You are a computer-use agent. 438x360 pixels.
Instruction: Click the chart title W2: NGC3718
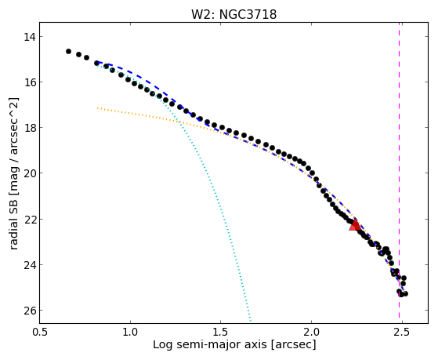[233, 14]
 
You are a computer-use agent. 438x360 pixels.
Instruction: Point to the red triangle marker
[355, 225]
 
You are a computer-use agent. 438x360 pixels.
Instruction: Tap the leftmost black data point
[68, 51]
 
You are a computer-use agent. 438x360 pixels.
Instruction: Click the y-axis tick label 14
[30, 37]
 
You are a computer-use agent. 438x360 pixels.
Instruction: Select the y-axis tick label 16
[30, 82]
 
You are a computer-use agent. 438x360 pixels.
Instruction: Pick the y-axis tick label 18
[30, 128]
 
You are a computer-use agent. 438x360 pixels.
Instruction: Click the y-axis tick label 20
[30, 173]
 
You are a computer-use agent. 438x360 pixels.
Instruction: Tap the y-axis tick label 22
[30, 219]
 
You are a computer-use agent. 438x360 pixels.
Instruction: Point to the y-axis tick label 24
[30, 264]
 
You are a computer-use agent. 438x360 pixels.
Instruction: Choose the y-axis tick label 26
[30, 311]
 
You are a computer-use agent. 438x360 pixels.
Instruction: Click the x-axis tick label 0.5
[40, 332]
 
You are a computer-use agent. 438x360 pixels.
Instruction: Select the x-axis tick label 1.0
[130, 332]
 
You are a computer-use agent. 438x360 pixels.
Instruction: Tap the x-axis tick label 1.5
[221, 332]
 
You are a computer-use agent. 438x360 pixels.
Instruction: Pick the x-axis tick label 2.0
[311, 332]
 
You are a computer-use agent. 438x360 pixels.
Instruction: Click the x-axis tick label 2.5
[402, 332]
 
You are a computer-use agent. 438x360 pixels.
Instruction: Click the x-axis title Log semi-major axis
[210, 345]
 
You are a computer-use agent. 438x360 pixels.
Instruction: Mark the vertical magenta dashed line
[399, 173]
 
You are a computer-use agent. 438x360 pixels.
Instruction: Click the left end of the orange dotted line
[97, 107]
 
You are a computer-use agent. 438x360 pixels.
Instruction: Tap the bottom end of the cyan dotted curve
[251, 321]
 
